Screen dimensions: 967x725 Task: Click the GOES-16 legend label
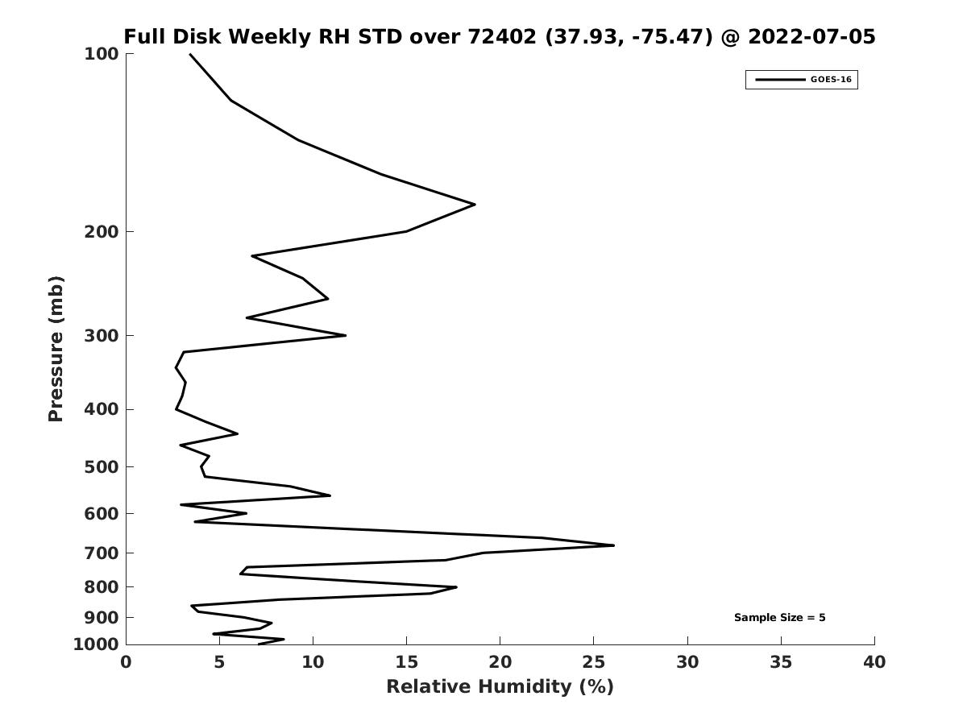(x=831, y=80)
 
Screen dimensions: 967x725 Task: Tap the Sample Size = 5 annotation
(x=779, y=618)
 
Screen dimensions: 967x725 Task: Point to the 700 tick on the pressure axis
(x=102, y=553)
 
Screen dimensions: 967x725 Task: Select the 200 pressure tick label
(x=102, y=232)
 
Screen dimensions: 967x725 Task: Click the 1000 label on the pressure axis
(x=96, y=644)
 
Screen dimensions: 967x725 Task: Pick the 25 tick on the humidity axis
(x=593, y=662)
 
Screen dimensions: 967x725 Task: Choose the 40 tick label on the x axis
(x=874, y=662)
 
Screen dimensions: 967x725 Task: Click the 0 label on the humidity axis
(x=126, y=662)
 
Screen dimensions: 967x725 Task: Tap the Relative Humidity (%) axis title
(x=500, y=687)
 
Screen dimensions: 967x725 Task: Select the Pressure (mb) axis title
(x=56, y=349)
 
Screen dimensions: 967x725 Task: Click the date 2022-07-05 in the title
(x=811, y=37)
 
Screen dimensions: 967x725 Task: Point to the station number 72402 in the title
(x=502, y=37)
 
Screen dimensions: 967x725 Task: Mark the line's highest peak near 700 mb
(x=614, y=545)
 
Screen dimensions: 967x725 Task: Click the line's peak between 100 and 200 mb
(x=475, y=205)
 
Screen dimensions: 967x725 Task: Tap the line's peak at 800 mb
(x=456, y=586)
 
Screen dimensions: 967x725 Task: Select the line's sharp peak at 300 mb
(x=346, y=335)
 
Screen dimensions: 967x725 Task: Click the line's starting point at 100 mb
(x=190, y=54)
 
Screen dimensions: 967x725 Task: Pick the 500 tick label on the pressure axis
(x=102, y=467)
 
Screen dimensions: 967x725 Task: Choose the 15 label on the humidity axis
(x=406, y=662)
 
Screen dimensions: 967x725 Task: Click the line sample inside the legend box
(x=780, y=80)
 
